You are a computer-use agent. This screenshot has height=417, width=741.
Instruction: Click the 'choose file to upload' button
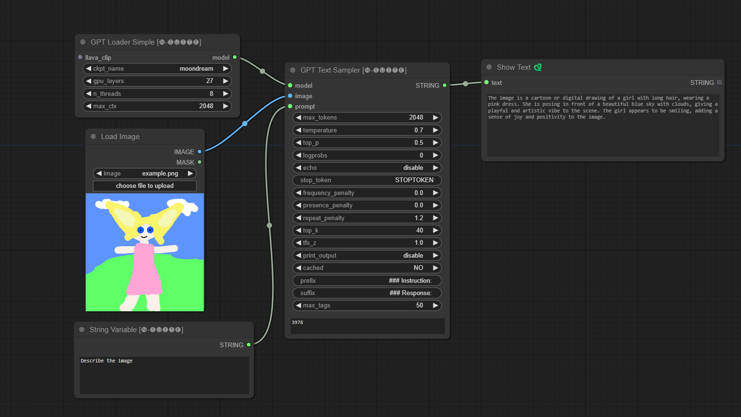(144, 186)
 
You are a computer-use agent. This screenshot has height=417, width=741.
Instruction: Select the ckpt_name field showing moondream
(157, 69)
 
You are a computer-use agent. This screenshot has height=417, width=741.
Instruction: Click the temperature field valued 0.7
(366, 130)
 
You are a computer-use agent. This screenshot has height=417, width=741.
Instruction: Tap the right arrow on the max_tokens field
(435, 118)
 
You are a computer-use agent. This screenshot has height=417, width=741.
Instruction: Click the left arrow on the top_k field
(299, 231)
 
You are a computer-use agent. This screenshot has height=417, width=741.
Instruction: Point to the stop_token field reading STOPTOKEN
(366, 180)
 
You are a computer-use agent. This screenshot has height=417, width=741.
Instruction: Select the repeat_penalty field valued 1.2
(366, 218)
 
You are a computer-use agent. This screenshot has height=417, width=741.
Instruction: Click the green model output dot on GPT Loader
(234, 57)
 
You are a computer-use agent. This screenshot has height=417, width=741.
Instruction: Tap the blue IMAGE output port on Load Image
(199, 152)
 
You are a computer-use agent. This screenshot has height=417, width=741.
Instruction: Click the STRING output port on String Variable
(248, 345)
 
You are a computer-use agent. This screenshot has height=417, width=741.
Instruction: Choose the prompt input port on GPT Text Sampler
(290, 106)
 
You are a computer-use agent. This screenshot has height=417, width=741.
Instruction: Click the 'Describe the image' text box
(164, 375)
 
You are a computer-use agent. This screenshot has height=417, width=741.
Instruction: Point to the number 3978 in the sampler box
(298, 323)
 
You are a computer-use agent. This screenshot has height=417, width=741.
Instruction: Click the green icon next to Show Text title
(538, 67)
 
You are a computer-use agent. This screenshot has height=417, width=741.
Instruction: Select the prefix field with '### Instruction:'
(366, 280)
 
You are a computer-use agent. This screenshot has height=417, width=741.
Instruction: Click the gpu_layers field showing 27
(157, 81)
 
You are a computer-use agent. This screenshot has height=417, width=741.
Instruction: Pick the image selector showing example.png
(144, 174)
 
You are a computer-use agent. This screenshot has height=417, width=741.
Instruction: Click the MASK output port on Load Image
(199, 162)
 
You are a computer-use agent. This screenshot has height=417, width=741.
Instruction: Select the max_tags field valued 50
(366, 306)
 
